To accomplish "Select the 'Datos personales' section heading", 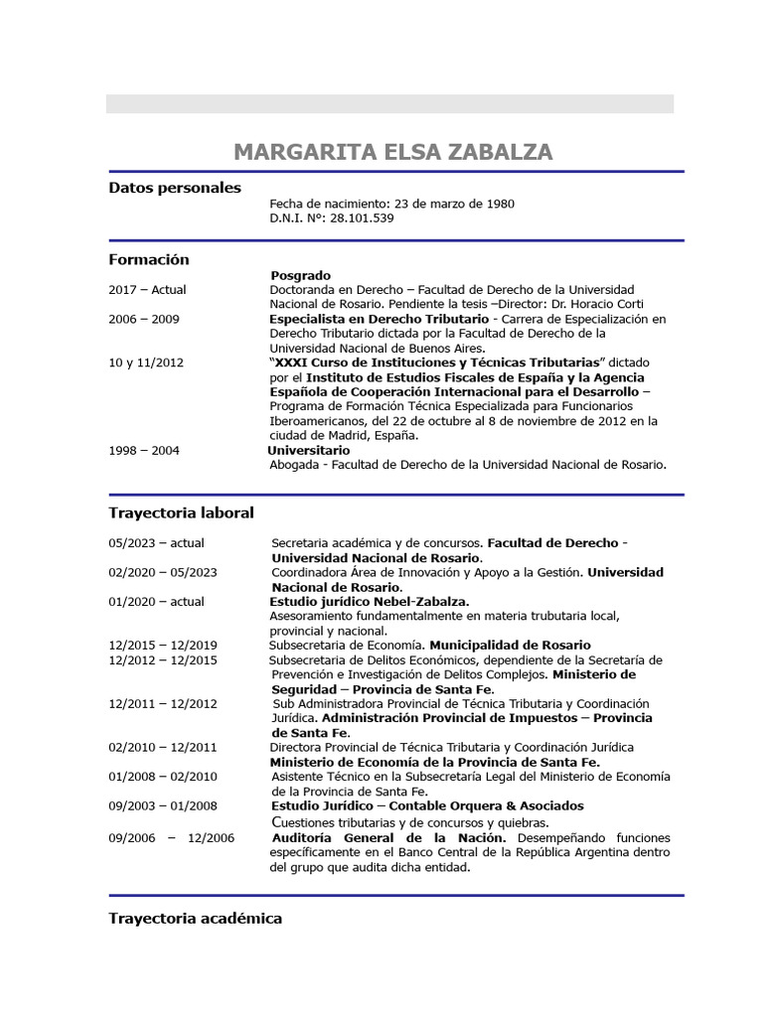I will [174, 188].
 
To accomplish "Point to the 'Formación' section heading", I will [148, 259].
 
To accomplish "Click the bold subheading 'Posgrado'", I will [300, 275].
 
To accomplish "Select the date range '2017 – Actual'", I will [147, 290].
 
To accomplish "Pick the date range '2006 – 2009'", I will [144, 319].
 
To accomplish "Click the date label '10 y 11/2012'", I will [146, 363].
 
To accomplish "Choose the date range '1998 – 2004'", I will [144, 450].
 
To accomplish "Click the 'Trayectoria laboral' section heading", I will [181, 512].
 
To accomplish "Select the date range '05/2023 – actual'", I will [156, 543].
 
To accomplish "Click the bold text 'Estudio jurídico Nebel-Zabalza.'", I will [370, 601].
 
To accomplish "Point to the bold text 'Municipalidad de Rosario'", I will [510, 645].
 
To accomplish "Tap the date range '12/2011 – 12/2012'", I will [163, 703].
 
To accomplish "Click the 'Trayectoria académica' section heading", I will [195, 919].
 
